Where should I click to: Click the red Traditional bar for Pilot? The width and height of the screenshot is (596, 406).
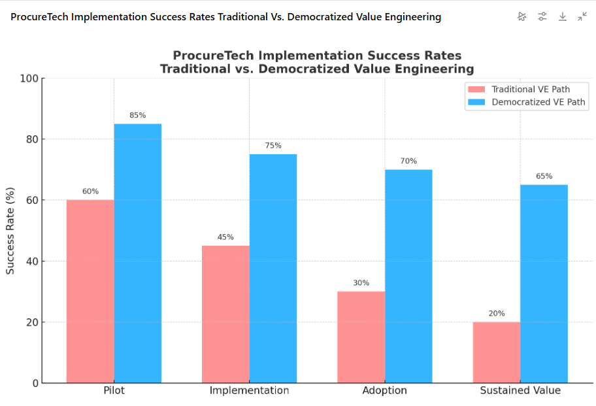(90, 291)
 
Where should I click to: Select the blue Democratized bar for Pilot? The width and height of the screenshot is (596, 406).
(138, 253)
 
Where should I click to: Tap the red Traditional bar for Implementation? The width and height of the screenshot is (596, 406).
(225, 314)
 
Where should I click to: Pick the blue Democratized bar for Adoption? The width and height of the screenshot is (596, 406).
(408, 276)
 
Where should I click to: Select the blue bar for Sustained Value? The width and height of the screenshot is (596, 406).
(544, 284)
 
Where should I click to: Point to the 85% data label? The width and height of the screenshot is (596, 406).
(138, 116)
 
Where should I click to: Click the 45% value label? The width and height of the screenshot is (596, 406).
(225, 237)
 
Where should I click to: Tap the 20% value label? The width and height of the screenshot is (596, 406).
(497, 314)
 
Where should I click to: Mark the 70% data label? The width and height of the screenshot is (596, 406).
(408, 161)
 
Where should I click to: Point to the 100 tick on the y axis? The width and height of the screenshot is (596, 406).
(30, 78)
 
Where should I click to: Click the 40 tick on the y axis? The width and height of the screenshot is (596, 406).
(33, 262)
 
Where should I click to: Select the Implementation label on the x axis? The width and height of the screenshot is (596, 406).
(249, 391)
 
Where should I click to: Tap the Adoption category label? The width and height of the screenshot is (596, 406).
(384, 391)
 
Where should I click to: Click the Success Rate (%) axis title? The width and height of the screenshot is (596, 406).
(10, 231)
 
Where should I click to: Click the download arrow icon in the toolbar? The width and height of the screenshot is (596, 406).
(562, 17)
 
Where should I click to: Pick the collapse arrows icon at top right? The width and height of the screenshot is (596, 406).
(582, 17)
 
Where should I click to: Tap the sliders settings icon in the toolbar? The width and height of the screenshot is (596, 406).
(542, 17)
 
